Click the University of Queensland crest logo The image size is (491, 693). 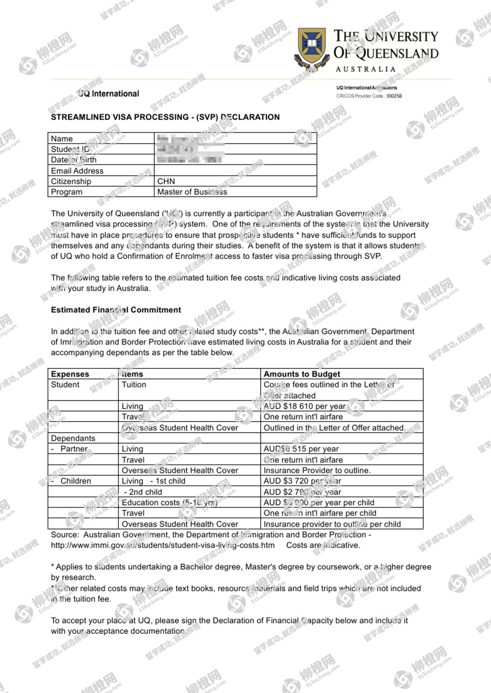pos(311,48)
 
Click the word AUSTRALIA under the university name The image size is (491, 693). pos(365,69)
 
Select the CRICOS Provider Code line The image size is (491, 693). pos(369,96)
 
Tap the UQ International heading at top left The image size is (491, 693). pos(108,94)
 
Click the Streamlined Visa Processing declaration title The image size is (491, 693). pos(165,117)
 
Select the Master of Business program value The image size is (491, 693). pos(192,192)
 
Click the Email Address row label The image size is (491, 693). pos(77,171)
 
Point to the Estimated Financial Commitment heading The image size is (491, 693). pos(116,310)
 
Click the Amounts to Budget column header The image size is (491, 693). pos(302,374)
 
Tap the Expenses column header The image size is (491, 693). pos(70,374)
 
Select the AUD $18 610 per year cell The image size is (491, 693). pos(304,406)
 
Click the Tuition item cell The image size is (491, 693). pos(134,385)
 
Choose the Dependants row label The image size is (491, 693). pos(73,438)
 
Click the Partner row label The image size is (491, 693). pos(74,449)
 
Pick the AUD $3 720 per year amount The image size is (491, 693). pos(302,481)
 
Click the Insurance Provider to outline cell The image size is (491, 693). pos(317,470)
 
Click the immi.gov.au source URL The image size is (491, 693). pos(162,545)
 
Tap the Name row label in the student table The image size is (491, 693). pos(62,138)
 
